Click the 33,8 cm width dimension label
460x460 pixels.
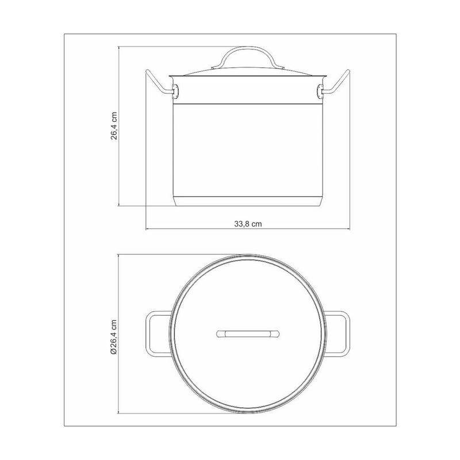pyautogui.click(x=248, y=224)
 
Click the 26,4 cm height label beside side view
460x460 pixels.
pyautogui.click(x=114, y=126)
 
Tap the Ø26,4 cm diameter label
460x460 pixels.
pyautogui.click(x=113, y=338)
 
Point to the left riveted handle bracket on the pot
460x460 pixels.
pyautogui.click(x=176, y=91)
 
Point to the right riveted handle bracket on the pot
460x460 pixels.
pyautogui.click(x=320, y=91)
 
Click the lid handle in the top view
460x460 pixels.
pyautogui.click(x=248, y=334)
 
